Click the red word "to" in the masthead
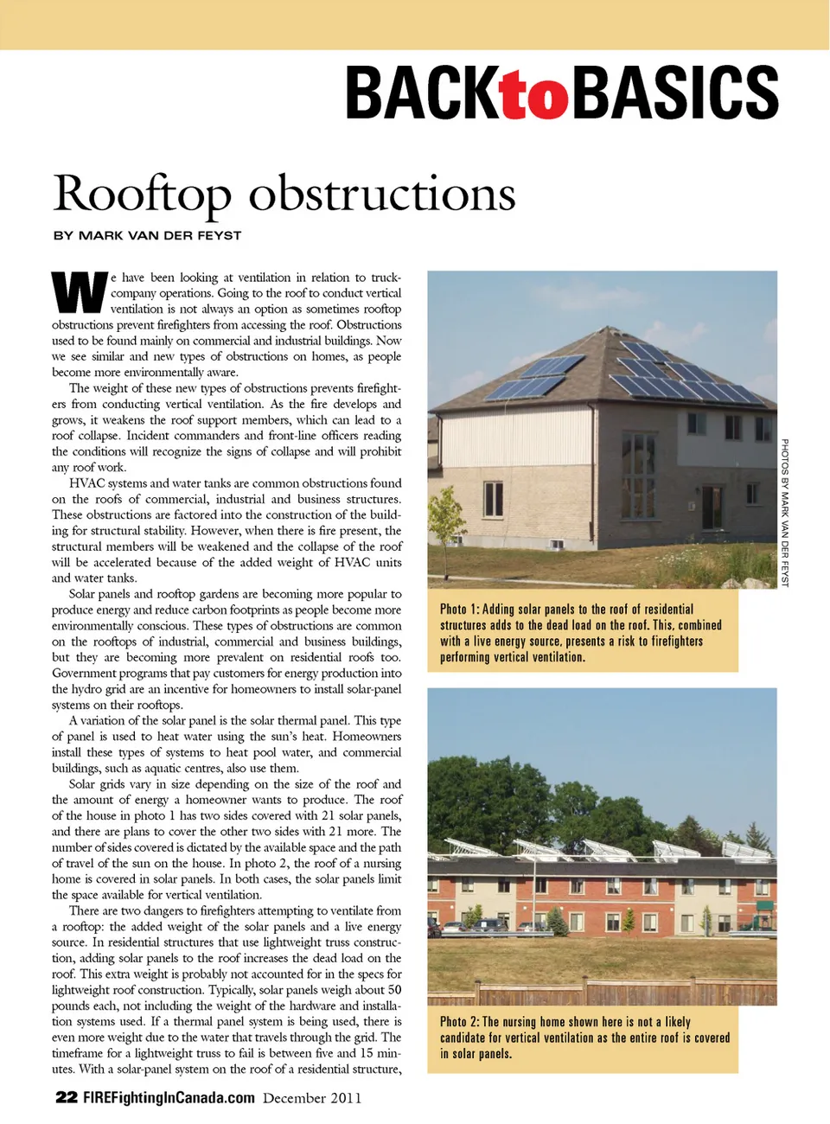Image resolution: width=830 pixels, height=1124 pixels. pyautogui.click(x=536, y=94)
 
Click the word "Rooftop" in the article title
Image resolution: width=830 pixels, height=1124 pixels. pyautogui.click(x=143, y=195)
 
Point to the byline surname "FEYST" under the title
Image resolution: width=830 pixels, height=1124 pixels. pyautogui.click(x=220, y=235)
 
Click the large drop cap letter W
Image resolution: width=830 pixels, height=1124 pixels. pyautogui.click(x=80, y=293)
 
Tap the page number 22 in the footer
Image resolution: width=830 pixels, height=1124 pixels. pyautogui.click(x=66, y=1097)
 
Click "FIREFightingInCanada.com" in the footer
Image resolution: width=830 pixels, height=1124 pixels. pyautogui.click(x=169, y=1098)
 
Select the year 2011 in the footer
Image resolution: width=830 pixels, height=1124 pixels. pyautogui.click(x=345, y=1098)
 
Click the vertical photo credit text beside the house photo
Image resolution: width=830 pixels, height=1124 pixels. pyautogui.click(x=785, y=512)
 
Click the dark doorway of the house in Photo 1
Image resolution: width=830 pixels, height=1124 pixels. pyautogui.click(x=712, y=507)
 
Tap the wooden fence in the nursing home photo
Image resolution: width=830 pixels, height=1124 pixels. pyautogui.click(x=605, y=991)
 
